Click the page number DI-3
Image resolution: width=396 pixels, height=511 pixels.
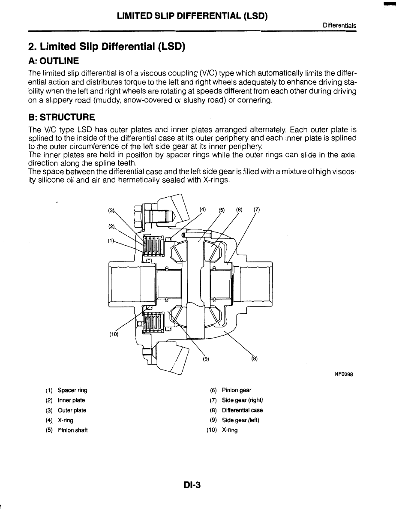click(192, 485)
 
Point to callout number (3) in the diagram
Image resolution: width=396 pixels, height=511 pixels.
click(111, 210)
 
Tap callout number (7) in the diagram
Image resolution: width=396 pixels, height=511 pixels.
click(257, 210)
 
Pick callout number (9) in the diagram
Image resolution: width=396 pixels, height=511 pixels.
click(205, 359)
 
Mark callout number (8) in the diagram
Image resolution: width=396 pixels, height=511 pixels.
click(254, 359)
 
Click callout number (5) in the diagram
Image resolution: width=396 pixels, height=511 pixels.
click(222, 210)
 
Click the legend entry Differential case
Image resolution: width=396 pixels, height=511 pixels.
click(242, 410)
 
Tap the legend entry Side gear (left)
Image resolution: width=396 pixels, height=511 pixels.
click(240, 420)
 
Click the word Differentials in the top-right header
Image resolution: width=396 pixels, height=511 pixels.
click(340, 26)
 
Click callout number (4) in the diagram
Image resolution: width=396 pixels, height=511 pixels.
click(203, 210)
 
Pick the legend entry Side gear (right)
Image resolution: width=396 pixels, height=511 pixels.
click(242, 400)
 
